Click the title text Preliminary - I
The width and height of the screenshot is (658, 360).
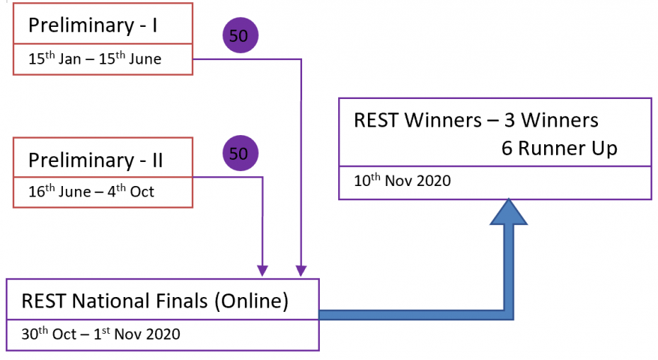coord(93,25)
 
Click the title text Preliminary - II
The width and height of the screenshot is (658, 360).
coord(96,161)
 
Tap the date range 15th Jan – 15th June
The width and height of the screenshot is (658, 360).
coord(95,58)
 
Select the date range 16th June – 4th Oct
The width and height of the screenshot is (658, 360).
coord(91,191)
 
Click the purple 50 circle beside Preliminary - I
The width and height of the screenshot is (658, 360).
coord(241,35)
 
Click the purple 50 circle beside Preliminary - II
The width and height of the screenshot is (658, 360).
coord(241,153)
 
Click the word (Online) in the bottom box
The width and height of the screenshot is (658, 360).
coord(251,301)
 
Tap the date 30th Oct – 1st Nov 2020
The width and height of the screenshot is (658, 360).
coord(100,334)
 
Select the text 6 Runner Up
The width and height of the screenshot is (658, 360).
coord(560,148)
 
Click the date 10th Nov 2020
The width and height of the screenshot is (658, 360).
coord(403,180)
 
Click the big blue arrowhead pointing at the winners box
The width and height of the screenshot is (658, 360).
coord(509,212)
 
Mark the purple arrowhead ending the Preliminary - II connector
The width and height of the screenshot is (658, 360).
coord(262,271)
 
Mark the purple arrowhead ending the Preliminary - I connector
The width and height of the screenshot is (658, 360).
coord(301,271)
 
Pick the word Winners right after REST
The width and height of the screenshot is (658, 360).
coord(443,120)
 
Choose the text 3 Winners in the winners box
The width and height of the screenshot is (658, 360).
coord(551,120)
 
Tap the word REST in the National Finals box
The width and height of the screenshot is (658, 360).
coord(44,301)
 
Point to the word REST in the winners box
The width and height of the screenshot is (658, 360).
coord(376,120)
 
